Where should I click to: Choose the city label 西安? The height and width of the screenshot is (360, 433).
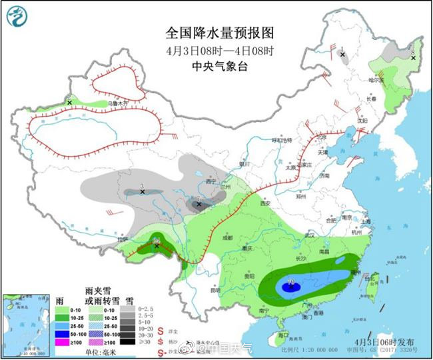(x=266, y=203)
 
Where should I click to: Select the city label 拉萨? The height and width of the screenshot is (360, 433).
(x=122, y=239)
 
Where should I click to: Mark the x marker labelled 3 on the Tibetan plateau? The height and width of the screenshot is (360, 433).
(x=143, y=191)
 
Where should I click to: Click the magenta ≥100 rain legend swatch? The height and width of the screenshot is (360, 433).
(x=62, y=341)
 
